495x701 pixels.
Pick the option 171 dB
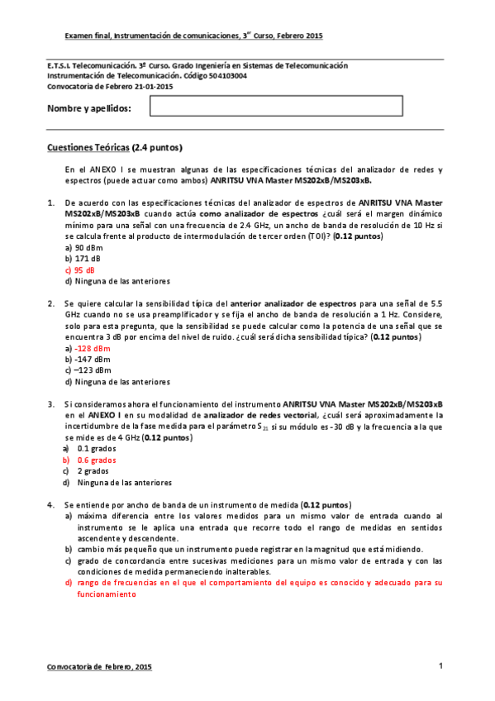84,258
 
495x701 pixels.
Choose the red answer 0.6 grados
97,460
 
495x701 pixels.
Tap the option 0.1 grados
97,448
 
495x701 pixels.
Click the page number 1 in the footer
440,666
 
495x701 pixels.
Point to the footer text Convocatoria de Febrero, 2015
99,666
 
